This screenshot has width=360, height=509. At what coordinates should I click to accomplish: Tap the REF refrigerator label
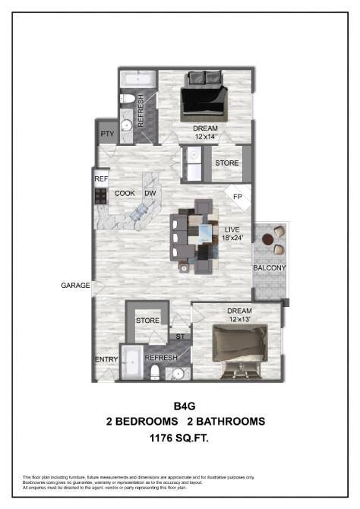(101, 179)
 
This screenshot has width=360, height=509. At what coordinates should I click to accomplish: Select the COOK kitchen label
(125, 194)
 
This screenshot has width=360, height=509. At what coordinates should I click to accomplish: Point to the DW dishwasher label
(150, 194)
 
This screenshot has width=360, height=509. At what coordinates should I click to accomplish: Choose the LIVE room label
(232, 229)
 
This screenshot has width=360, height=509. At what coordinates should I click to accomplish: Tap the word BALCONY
(270, 268)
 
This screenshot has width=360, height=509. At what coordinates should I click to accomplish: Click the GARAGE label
(76, 286)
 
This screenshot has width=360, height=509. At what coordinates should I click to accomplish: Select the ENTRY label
(105, 359)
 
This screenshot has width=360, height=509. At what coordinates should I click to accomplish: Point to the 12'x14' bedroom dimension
(206, 137)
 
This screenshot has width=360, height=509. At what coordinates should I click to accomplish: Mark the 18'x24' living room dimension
(232, 238)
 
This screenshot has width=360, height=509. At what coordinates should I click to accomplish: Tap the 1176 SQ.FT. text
(180, 438)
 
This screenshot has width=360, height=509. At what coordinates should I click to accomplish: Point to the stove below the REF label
(100, 195)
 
